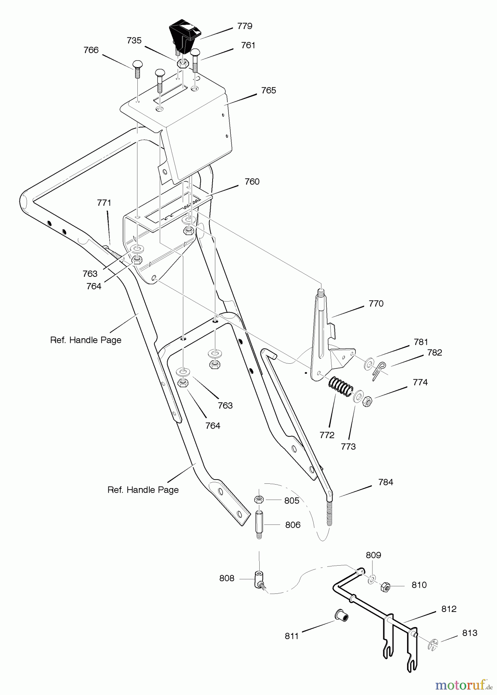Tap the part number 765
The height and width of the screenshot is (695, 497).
pos(269,90)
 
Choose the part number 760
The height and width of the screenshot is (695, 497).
pos(252,181)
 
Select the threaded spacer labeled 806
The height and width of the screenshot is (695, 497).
pos(259,525)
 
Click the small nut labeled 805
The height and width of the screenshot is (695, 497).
pos(259,500)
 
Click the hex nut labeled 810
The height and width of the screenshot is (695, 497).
pos(385,587)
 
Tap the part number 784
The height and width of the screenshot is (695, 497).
pos(385,482)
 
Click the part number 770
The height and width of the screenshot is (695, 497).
pos(376,304)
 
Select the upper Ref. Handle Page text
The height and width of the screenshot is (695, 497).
pos(86,340)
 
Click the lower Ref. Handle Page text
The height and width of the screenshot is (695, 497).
pos(143,490)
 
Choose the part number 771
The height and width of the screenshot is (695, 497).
pos(104,203)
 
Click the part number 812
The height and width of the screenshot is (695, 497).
pos(449,609)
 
